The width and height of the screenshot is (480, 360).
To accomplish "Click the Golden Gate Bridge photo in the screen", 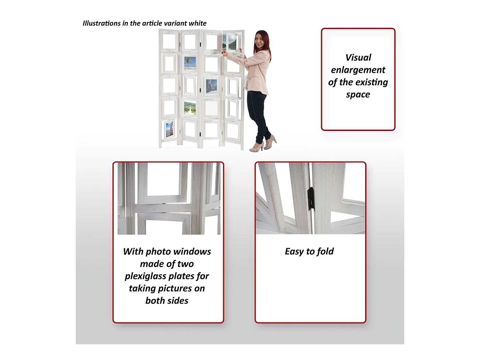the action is (x=169, y=129).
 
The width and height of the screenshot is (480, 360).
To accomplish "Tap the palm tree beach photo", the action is (x=190, y=63).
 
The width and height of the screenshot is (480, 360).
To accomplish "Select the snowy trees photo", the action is (x=211, y=86).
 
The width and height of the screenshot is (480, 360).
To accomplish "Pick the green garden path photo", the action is (x=190, y=108).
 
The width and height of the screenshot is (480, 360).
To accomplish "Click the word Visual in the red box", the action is (x=358, y=58).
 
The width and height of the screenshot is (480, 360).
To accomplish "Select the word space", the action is (x=358, y=95).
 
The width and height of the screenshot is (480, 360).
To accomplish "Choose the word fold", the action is (x=325, y=251).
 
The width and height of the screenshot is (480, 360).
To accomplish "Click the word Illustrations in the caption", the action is (x=101, y=23).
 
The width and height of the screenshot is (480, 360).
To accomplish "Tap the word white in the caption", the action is (x=197, y=23).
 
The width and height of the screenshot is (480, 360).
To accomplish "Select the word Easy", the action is (x=294, y=252).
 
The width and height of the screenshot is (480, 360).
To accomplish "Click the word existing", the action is (x=372, y=83).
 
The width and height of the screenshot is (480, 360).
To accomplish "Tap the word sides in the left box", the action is (x=177, y=301).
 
